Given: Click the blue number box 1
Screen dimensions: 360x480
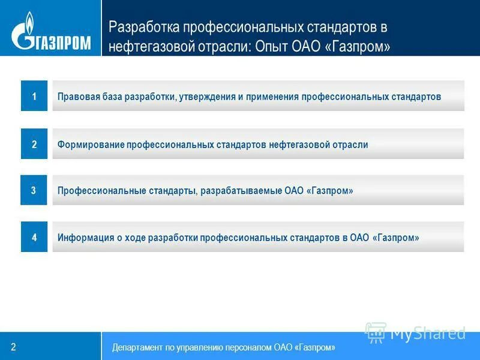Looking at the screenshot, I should [34, 97].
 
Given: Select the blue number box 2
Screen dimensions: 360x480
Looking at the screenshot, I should [34, 144].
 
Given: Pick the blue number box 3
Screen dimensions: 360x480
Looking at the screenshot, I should [34, 190].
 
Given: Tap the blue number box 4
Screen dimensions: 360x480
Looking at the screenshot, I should [34, 238].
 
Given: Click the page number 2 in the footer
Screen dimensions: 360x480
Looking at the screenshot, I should [13, 347].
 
